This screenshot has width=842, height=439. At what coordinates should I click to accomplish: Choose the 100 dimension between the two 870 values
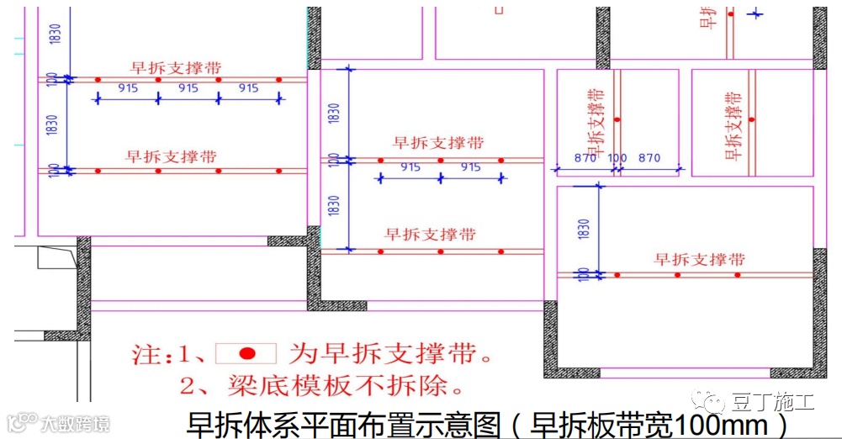tap(617, 158)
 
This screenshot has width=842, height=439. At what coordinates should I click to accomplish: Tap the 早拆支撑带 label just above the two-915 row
tap(438, 144)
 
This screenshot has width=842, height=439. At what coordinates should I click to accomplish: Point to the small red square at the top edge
tap(498, 11)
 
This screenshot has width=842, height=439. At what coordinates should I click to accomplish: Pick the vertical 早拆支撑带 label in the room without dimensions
tap(733, 125)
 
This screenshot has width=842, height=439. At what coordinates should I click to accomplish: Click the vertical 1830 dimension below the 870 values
tap(584, 229)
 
